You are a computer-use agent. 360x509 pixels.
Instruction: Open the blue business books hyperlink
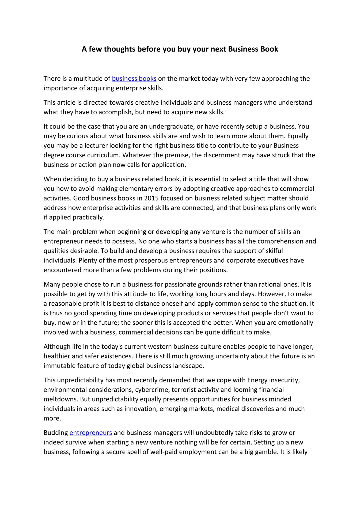click(134, 79)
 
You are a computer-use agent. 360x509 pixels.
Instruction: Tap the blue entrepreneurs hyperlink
click(91, 433)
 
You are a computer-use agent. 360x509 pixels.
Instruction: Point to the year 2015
click(151, 198)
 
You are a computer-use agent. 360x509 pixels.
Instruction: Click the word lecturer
click(96, 146)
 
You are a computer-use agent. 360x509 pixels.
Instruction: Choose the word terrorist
click(184, 390)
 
